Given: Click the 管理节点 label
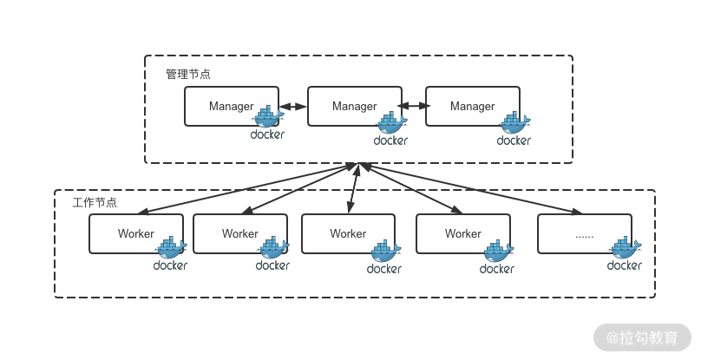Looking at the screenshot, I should (x=188, y=75).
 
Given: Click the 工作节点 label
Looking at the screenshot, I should (x=95, y=203).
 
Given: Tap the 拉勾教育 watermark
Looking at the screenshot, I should (x=643, y=336).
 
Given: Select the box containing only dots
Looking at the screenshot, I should (x=583, y=234).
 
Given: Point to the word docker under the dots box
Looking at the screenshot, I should (x=625, y=265).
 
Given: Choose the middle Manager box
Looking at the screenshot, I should (x=354, y=107).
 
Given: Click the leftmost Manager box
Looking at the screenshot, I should (x=231, y=107).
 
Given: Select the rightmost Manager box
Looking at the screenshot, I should (x=472, y=107).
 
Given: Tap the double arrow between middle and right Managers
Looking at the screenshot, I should (x=414, y=108).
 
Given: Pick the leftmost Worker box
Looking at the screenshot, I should (x=135, y=234).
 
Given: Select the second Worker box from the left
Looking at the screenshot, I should (x=239, y=234).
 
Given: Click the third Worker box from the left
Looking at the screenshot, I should (x=348, y=234).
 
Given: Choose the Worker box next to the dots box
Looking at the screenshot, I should (x=462, y=234).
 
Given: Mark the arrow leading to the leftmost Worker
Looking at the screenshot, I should (x=247, y=187).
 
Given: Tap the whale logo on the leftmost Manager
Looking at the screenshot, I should (x=268, y=119).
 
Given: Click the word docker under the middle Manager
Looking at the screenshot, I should (x=390, y=141).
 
